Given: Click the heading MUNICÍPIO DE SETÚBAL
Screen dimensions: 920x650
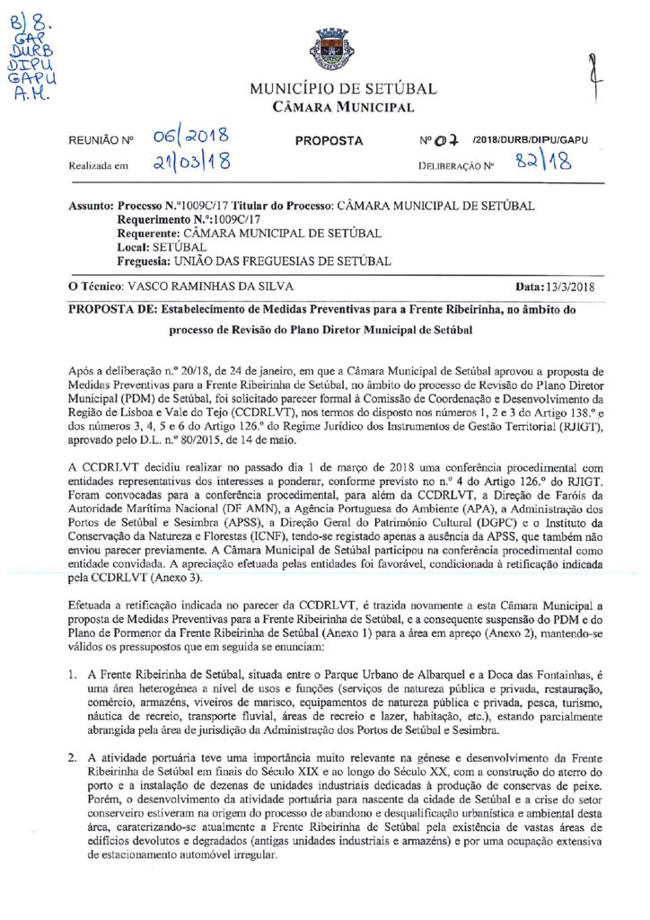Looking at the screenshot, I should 343,89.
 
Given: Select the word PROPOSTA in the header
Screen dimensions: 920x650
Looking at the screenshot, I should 329,141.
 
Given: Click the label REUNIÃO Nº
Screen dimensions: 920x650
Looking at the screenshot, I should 101,142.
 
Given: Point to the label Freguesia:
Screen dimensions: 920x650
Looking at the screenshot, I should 145,261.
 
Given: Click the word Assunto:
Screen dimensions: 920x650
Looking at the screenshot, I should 92,206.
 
